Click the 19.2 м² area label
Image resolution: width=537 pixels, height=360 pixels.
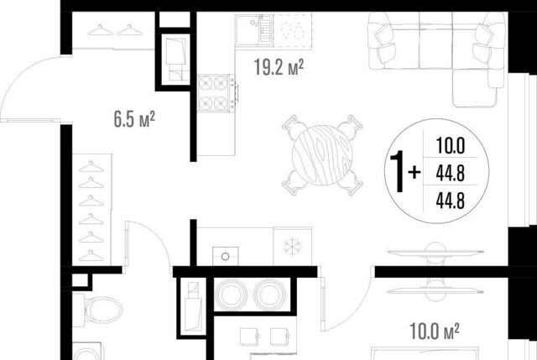(x=279, y=67)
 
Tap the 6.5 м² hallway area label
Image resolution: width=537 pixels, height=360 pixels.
(x=134, y=119)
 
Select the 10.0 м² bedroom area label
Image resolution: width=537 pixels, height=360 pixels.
(x=435, y=331)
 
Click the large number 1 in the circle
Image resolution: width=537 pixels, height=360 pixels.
(x=398, y=172)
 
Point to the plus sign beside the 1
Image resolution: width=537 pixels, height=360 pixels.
(x=414, y=172)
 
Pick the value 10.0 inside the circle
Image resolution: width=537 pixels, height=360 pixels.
(x=451, y=145)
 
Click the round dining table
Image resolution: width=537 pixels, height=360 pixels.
(x=322, y=155)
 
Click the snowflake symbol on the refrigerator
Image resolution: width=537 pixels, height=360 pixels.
(x=292, y=247)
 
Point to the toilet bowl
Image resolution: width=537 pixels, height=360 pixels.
(x=102, y=310)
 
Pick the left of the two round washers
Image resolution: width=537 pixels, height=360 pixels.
(x=232, y=295)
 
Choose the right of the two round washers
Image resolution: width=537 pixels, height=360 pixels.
(x=270, y=295)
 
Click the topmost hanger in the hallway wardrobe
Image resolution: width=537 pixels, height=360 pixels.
(x=91, y=167)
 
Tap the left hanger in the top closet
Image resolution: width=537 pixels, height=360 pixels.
(x=101, y=30)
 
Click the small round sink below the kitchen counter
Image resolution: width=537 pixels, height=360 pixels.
(x=226, y=256)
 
